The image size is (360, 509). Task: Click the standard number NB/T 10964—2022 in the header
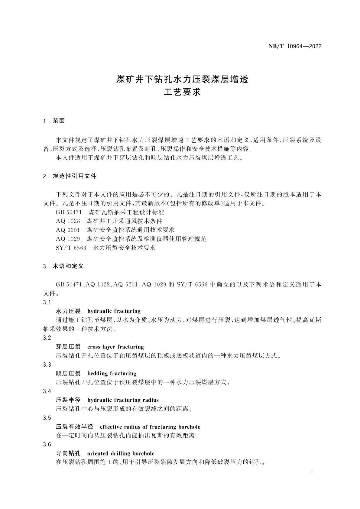[295, 47]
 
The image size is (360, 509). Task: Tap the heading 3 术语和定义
[63, 266]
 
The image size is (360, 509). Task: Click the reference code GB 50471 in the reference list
[69, 212]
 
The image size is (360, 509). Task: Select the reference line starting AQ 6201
[115, 230]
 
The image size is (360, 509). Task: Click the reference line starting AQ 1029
[131, 239]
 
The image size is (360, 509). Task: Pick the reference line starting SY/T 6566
[105, 248]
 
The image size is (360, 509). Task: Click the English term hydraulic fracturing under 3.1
[114, 311]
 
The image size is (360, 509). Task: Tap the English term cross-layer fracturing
[115, 347]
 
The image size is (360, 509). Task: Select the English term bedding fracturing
[112, 374]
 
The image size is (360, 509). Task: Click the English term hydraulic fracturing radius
[123, 400]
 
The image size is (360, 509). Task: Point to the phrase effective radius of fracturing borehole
[150, 427]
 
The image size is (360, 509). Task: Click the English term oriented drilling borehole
[121, 454]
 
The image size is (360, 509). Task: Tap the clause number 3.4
[47, 391]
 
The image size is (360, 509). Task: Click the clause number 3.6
[47, 445]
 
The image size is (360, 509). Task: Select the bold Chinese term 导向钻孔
[68, 454]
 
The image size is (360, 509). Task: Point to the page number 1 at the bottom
[312, 472]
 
